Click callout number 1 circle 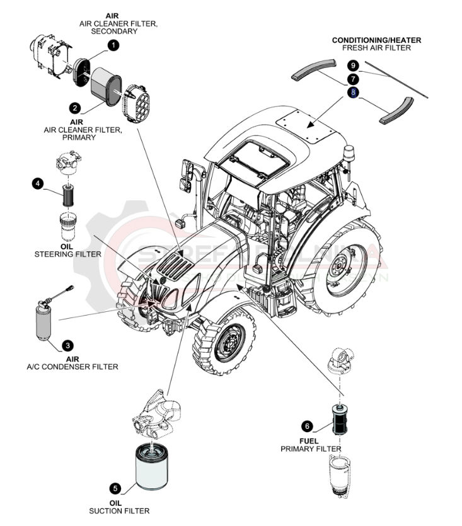(113, 45)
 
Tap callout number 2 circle (74, 108)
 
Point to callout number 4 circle (38, 183)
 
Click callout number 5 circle (114, 488)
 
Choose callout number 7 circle (353, 79)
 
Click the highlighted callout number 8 (353, 93)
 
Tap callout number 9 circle (353, 66)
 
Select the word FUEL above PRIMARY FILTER (309, 441)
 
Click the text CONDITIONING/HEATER (376, 40)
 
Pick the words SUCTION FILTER (119, 511)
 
